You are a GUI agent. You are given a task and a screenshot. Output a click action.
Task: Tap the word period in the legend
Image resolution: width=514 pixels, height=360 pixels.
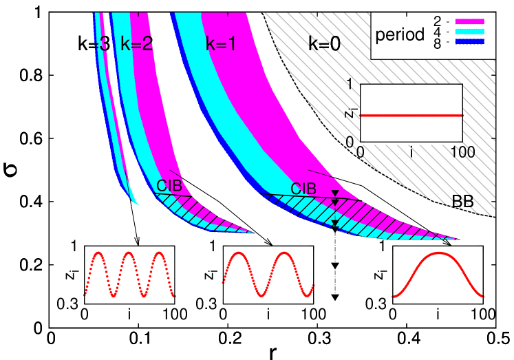(399, 34)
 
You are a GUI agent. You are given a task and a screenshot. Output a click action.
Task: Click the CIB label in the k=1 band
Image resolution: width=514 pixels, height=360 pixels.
(303, 189)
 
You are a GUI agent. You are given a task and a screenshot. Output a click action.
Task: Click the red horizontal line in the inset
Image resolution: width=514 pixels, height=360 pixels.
(411, 116)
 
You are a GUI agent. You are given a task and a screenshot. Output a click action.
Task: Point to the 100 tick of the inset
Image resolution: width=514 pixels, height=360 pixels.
(462, 152)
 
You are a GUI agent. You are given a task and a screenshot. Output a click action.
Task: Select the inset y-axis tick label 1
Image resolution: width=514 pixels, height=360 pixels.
(350, 84)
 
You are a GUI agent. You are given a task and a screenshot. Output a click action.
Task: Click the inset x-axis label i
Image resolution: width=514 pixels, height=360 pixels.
(411, 153)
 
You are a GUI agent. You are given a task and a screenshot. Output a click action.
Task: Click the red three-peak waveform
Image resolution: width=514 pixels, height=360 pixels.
(129, 274)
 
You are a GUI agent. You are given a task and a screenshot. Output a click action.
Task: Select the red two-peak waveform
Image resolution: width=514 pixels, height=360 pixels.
(268, 274)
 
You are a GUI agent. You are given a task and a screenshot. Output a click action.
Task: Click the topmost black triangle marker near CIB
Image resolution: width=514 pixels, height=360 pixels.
(335, 193)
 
